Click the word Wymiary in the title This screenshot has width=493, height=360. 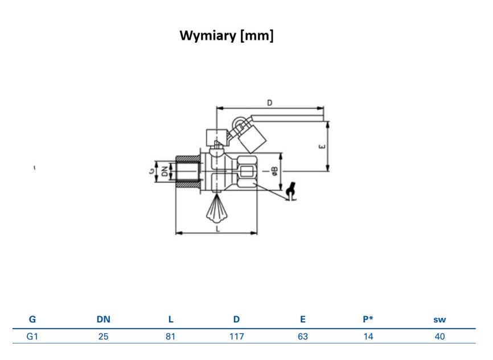coord(208,35)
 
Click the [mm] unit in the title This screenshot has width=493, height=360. coord(257,35)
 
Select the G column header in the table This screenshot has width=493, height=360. coord(32,319)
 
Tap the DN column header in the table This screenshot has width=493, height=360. coord(104,319)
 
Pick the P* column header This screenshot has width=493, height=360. coord(368,319)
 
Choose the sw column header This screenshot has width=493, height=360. coord(439,320)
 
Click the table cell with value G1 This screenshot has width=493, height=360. coord(32,337)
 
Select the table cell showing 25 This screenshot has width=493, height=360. coord(104,337)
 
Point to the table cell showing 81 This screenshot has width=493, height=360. coord(170,337)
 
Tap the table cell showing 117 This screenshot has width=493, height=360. coord(236,337)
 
